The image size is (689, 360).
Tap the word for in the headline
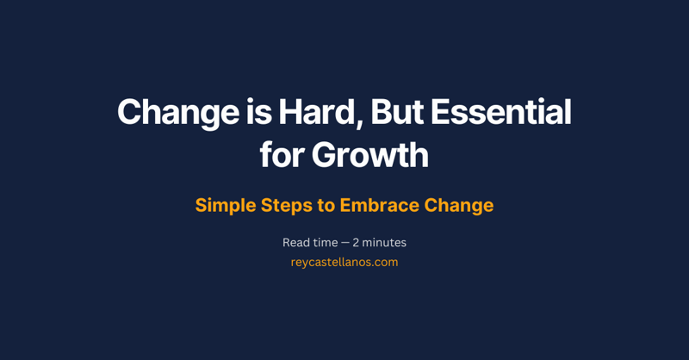click(x=282, y=156)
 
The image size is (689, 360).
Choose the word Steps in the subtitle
click(x=292, y=206)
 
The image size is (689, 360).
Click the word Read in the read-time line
click(x=297, y=243)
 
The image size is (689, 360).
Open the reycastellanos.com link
click(x=344, y=262)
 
